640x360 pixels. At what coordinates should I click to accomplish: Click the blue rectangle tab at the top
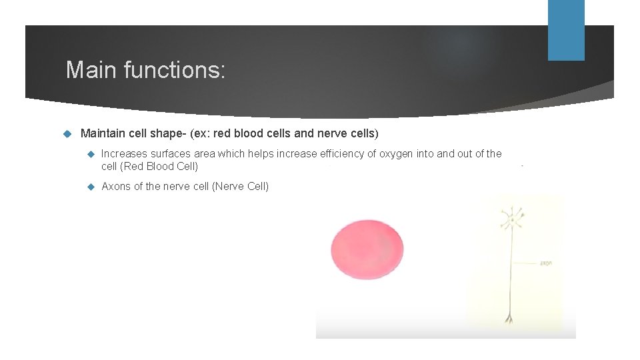pos(566,30)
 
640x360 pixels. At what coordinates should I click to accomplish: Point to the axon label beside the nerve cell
pos(545,263)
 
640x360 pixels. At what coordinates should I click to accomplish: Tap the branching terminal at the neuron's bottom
pos(511,318)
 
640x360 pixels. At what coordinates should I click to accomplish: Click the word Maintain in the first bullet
pos(101,134)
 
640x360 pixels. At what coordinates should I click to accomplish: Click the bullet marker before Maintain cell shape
pos(66,134)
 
